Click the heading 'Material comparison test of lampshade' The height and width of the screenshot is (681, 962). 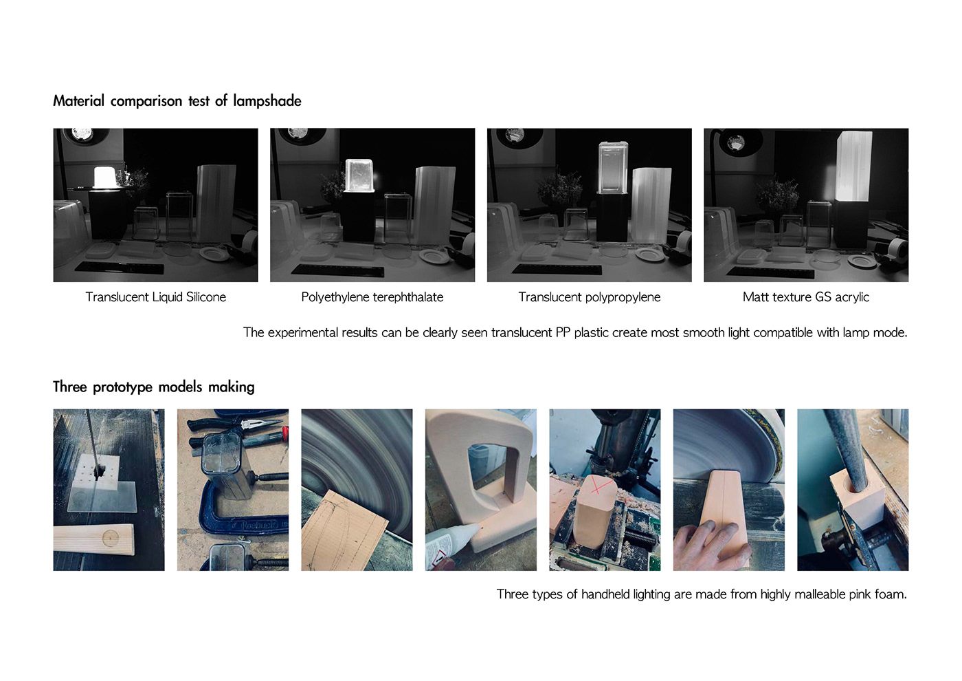pos(177,100)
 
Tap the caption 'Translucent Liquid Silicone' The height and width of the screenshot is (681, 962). pos(155,297)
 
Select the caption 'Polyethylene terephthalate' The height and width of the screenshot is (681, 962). pos(372,297)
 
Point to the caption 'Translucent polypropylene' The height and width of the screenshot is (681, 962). pos(590,297)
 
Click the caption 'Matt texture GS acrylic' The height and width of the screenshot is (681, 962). pos(806,297)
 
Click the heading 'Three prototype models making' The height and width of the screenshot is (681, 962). pos(154,387)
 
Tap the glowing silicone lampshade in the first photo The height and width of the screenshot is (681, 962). pos(106,177)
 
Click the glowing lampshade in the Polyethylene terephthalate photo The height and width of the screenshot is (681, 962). pos(360,175)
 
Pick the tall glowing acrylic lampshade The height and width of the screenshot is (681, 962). pos(854,166)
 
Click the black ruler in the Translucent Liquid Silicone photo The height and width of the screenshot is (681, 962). pos(120,268)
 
